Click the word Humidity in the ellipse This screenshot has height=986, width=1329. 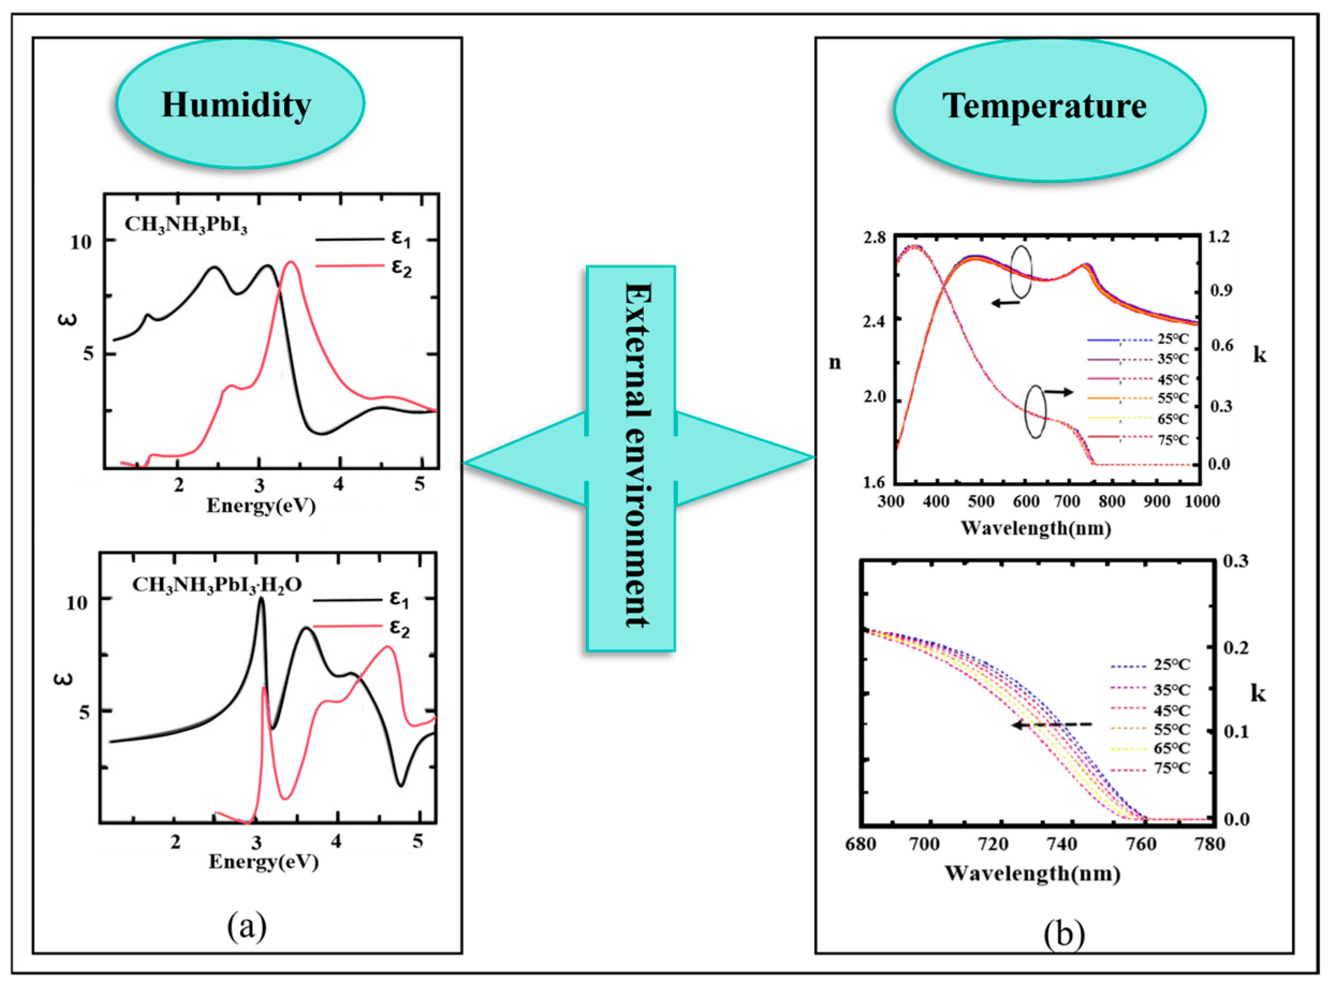(237, 105)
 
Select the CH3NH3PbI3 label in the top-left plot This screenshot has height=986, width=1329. (186, 225)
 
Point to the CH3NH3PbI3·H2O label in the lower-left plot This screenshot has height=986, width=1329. (217, 584)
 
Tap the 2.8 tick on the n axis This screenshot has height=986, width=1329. (875, 238)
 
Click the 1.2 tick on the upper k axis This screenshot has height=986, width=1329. (1219, 237)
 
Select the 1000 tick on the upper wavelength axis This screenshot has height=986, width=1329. (1201, 502)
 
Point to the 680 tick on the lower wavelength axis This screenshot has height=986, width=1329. (861, 844)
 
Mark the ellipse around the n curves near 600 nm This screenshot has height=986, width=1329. (1022, 272)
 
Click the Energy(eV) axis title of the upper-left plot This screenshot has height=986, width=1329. (261, 506)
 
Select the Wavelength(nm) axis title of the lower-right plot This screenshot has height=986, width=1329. (1032, 874)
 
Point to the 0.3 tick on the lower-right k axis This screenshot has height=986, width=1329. (1236, 561)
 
